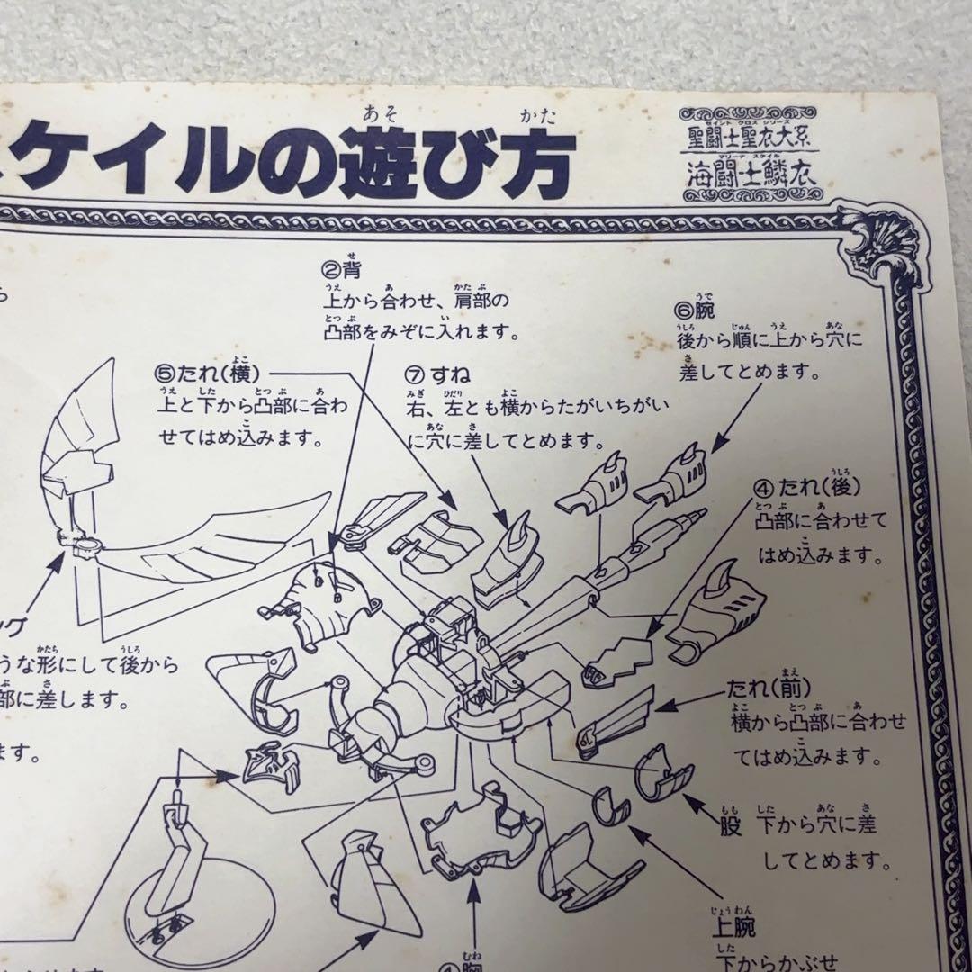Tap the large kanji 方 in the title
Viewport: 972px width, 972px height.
[533, 158]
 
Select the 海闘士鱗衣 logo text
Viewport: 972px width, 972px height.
[748, 171]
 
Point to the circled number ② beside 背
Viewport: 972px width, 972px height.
[330, 268]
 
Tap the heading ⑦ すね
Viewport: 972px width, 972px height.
[438, 373]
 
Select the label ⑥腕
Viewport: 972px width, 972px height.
[700, 311]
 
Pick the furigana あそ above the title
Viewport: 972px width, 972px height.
[374, 113]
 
